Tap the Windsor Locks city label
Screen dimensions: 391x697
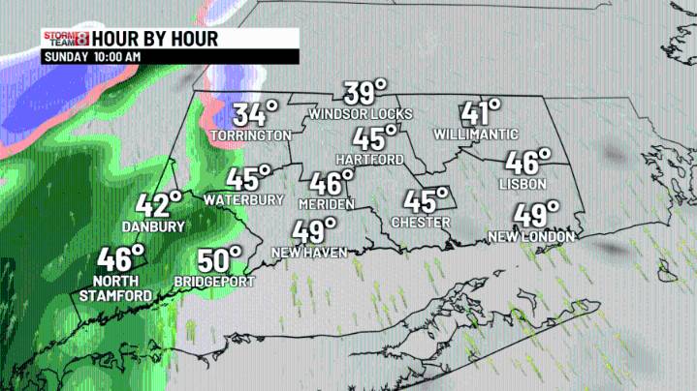point(360,113)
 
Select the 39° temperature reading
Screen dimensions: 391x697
point(365,93)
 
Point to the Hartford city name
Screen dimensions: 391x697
point(367,158)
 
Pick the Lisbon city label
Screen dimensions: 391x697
point(524,184)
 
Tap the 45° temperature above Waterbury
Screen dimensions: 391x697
point(249,179)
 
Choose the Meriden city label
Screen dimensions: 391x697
point(327,203)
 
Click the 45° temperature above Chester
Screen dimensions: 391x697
point(420,201)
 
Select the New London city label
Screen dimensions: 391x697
point(531,236)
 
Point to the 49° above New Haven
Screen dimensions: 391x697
point(315,231)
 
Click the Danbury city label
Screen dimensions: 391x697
point(153,226)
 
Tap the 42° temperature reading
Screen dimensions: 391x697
point(158,205)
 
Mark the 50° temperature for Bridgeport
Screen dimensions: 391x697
point(219,261)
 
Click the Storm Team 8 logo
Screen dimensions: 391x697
point(65,39)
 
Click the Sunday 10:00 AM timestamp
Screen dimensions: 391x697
point(93,57)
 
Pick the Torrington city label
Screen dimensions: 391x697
point(250,135)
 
